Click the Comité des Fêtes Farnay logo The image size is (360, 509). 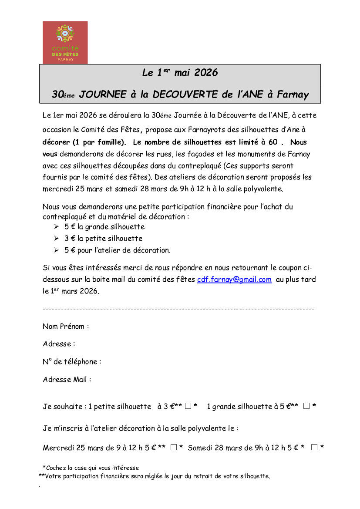[65, 42]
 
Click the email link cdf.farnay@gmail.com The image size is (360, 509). [234, 280]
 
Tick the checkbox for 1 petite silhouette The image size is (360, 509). [188, 406]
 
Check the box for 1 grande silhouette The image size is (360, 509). [306, 406]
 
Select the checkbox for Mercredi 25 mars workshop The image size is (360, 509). [174, 447]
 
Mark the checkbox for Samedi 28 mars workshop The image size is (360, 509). [314, 447]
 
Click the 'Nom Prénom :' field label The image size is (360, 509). [66, 326]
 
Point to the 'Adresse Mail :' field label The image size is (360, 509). [67, 379]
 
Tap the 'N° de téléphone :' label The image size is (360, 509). [72, 361]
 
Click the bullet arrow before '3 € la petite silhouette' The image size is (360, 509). [56, 239]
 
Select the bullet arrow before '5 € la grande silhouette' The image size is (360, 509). [56, 227]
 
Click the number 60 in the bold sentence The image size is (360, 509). [273, 142]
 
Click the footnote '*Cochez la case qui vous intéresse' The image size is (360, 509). [91, 468]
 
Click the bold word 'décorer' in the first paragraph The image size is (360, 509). [57, 142]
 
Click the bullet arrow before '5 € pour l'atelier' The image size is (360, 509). [56, 250]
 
